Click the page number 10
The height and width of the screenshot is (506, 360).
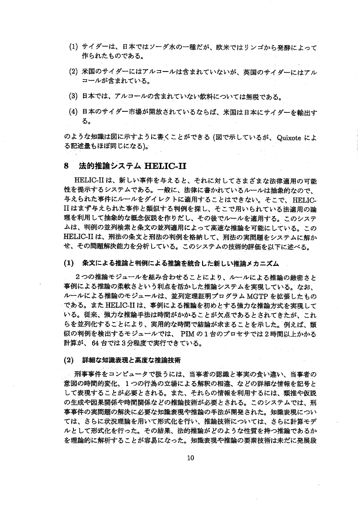(x=191, y=457)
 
